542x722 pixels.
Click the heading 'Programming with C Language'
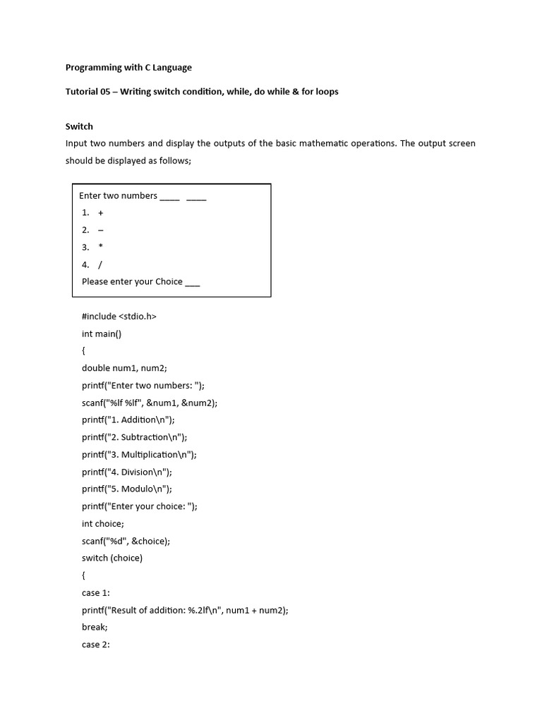[128, 68]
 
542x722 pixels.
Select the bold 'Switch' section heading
[79, 126]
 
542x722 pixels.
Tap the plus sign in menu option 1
[101, 213]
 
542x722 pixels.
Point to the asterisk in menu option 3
[101, 247]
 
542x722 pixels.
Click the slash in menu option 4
[101, 264]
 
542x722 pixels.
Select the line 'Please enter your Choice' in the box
[140, 281]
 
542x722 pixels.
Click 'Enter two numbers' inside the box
[118, 195]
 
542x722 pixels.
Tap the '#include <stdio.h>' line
[119, 317]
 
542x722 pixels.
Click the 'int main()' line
[102, 334]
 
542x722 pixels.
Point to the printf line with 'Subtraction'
[134, 437]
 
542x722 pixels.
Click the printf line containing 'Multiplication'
[139, 454]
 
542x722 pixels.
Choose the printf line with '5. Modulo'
[126, 489]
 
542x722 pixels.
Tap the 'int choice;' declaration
[103, 523]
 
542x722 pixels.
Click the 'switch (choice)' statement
[112, 558]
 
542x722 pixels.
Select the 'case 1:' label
[96, 592]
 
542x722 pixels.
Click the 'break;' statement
[95, 627]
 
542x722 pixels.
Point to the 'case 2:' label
[96, 644]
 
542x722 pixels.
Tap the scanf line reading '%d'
[126, 541]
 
